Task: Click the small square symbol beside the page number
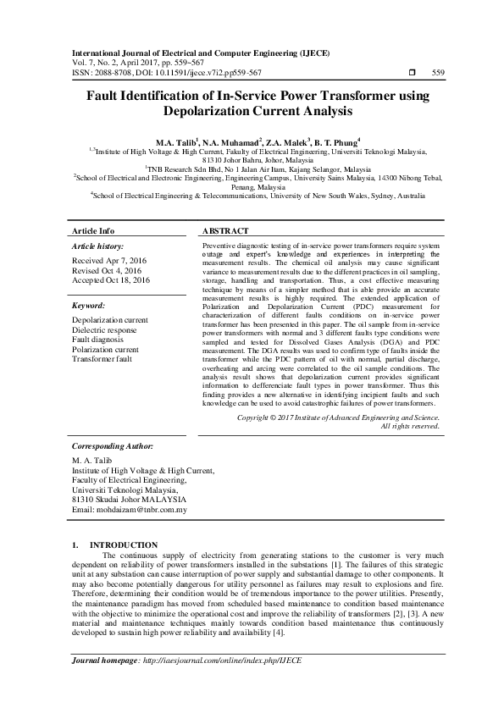click(412, 73)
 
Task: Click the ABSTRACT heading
click(225, 230)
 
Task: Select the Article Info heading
click(93, 230)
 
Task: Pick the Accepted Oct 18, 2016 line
click(111, 279)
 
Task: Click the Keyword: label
click(88, 305)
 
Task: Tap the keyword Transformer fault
click(102, 358)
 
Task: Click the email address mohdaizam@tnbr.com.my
click(130, 510)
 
